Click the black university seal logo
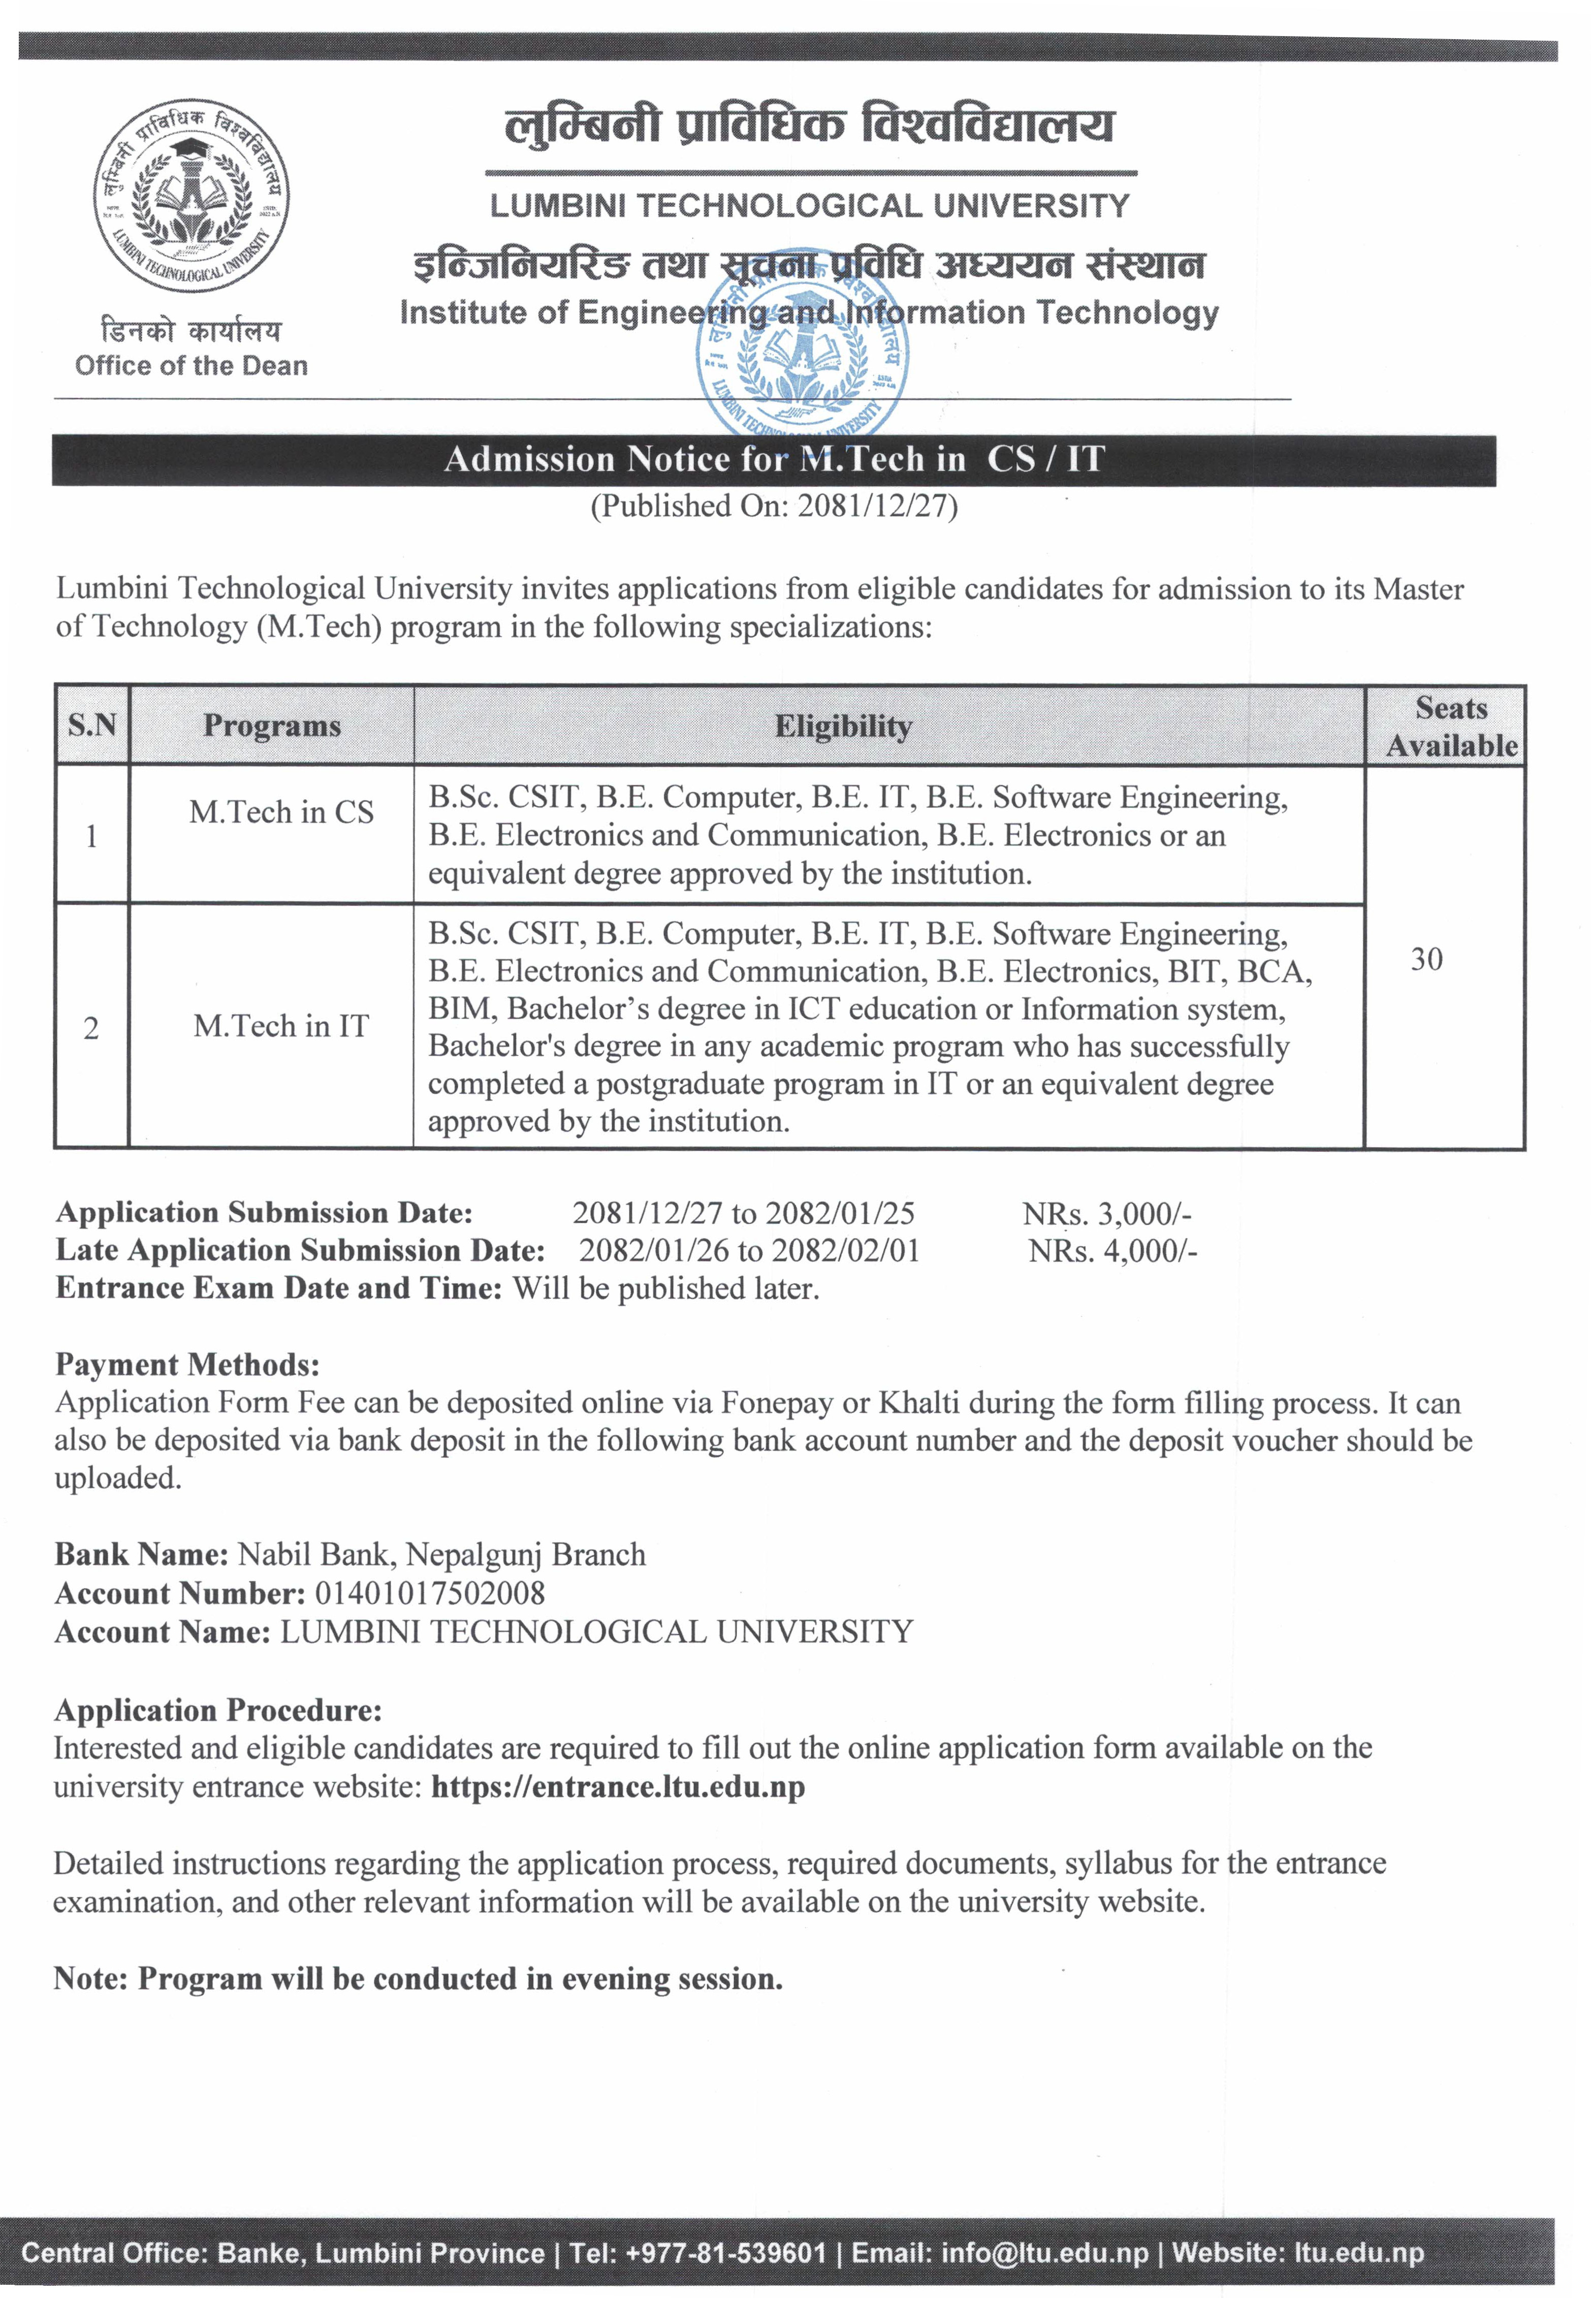[192, 196]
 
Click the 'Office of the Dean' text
[192, 366]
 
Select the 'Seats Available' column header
[1451, 727]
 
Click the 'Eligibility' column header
[843, 727]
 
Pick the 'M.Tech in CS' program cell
[281, 812]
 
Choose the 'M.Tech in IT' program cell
[281, 1026]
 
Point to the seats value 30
[1426, 959]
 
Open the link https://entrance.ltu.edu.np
[618, 1786]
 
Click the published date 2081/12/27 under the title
[877, 507]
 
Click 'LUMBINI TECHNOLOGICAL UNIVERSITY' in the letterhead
[809, 206]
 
